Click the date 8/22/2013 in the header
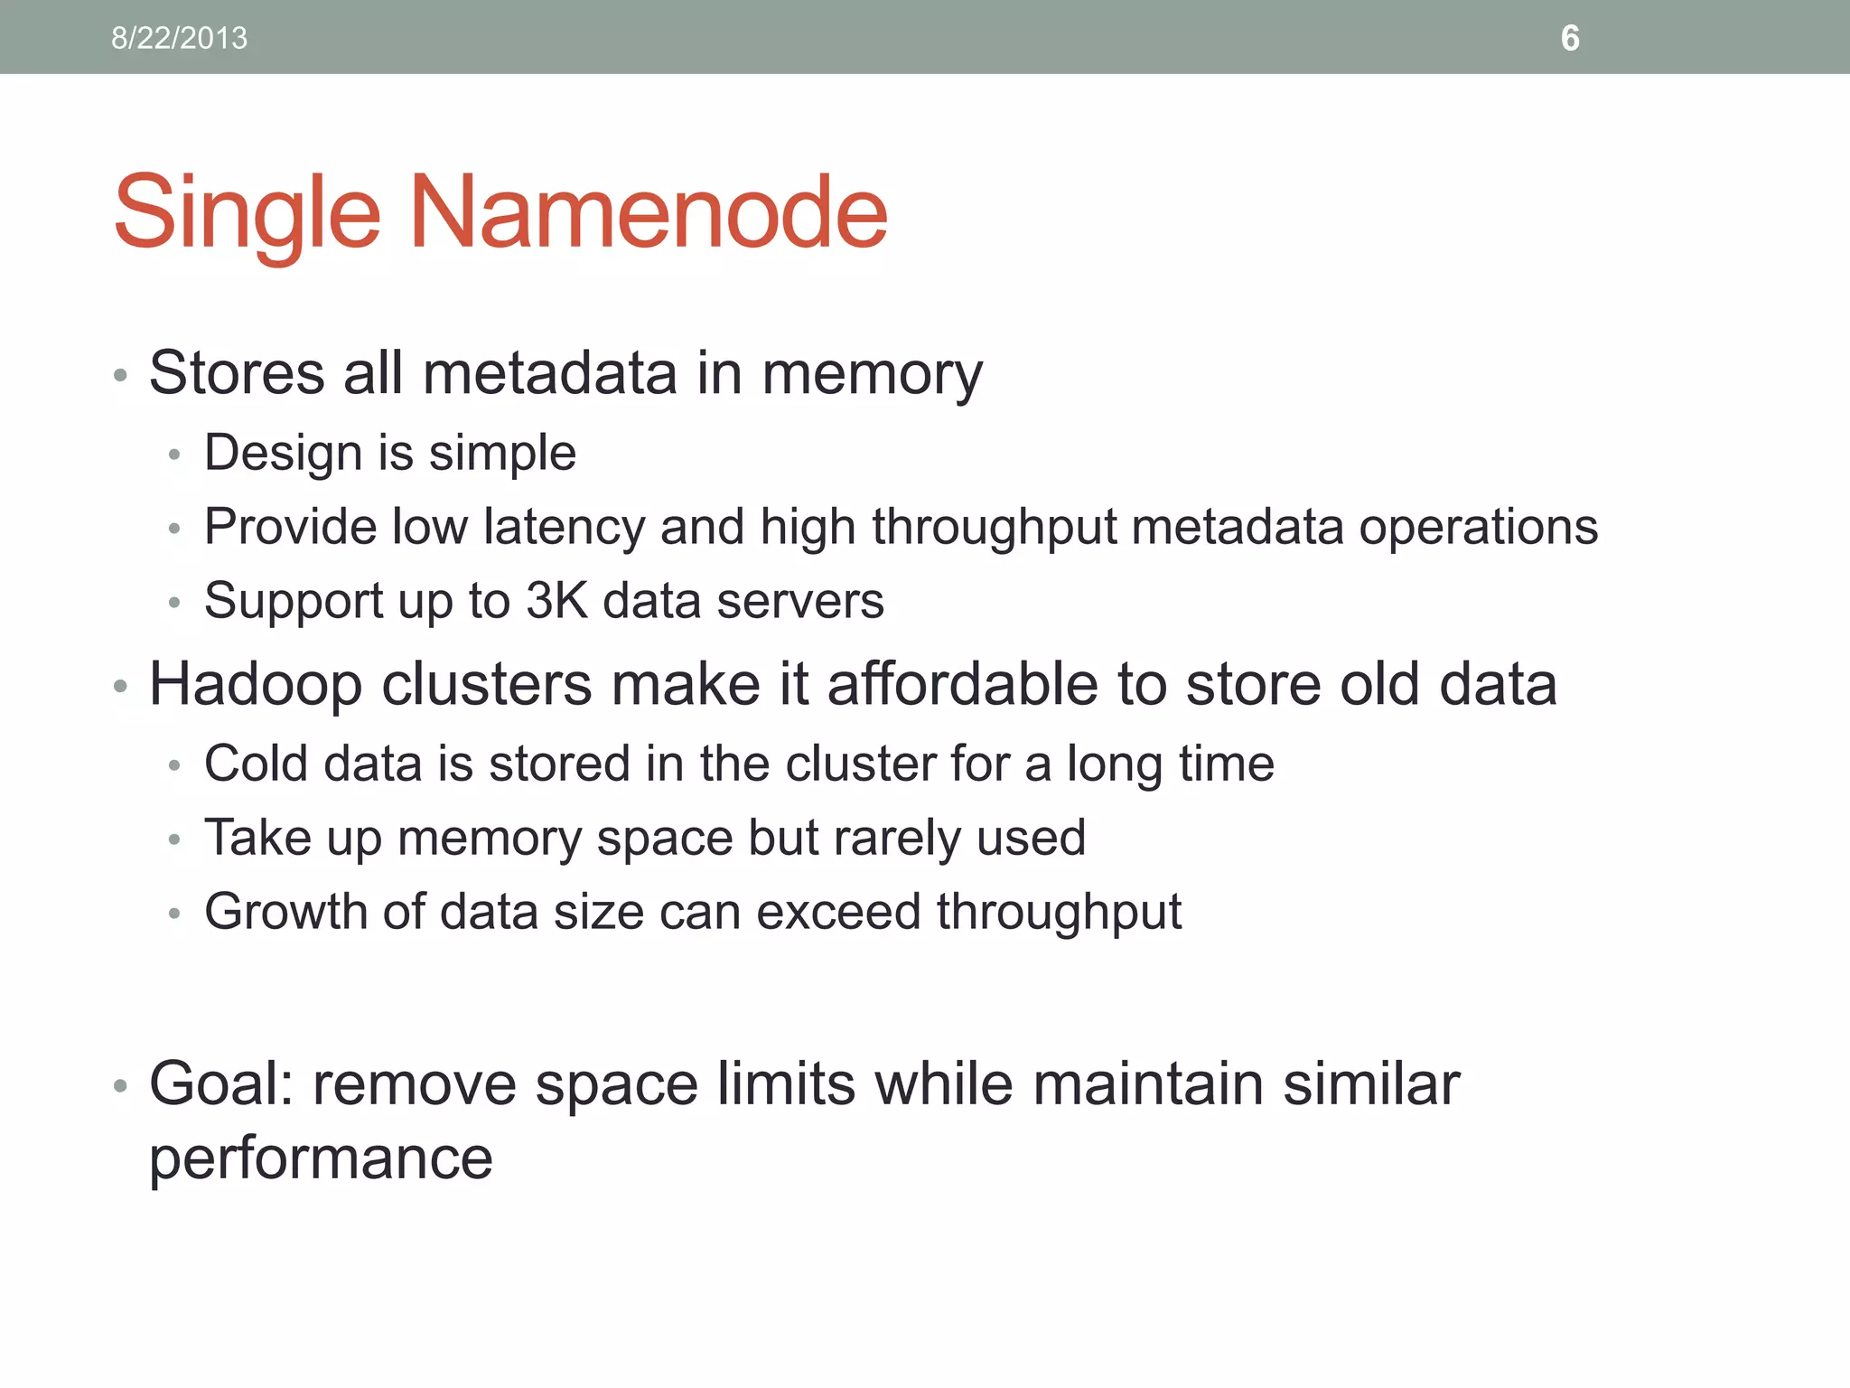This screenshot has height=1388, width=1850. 179,38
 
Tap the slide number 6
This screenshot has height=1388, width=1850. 1570,38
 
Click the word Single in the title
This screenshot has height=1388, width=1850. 247,215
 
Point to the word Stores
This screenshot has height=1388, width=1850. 237,372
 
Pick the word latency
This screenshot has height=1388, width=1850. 564,527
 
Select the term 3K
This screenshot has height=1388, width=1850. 556,601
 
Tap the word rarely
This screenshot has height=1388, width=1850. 895,839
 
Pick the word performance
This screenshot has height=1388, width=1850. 321,1159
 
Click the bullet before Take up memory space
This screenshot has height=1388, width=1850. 174,840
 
